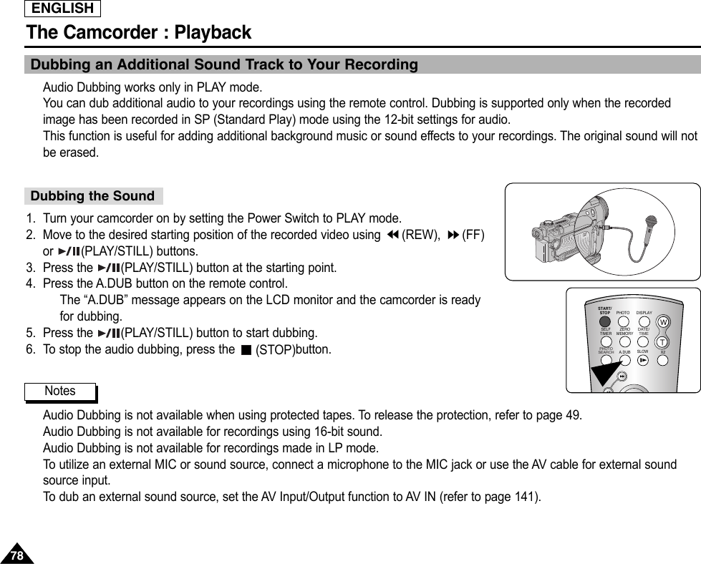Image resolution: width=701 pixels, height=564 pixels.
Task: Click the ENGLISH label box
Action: tap(63, 9)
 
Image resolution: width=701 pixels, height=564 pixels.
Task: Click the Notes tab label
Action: tap(59, 391)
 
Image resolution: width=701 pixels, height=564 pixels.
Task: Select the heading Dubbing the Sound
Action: tap(92, 196)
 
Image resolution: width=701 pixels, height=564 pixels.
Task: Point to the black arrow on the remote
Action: tap(605, 373)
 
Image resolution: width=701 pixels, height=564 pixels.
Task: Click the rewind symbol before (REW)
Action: tap(392, 235)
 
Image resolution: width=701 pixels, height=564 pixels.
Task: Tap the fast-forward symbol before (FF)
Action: tap(453, 235)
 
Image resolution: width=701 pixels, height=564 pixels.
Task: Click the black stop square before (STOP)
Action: tap(246, 351)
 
